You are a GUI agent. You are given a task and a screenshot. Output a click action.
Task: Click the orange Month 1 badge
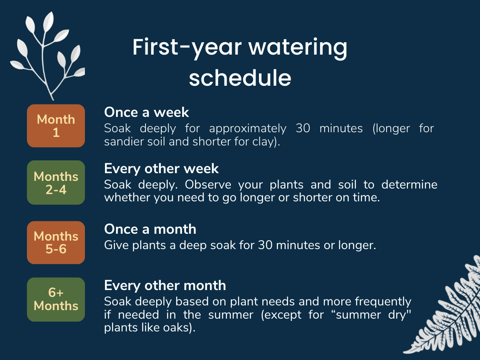click(56, 126)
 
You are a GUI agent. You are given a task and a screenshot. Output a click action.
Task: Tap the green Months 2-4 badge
click(56, 183)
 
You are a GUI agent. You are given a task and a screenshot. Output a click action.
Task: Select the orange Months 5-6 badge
click(56, 242)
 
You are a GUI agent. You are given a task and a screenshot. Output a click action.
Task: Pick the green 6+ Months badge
click(56, 299)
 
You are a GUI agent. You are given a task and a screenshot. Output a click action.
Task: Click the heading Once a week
click(146, 112)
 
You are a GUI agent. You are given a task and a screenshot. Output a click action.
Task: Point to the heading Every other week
click(161, 168)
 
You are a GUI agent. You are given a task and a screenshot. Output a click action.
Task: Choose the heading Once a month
click(150, 229)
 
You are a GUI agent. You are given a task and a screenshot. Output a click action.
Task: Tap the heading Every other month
click(165, 286)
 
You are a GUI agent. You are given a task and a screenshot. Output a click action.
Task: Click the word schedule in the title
click(240, 78)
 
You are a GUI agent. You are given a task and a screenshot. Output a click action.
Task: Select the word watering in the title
click(297, 48)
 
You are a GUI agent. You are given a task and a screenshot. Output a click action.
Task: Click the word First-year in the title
click(187, 48)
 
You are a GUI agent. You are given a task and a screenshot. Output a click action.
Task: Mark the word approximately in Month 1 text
click(247, 128)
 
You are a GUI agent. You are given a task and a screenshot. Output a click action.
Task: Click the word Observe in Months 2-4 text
click(208, 185)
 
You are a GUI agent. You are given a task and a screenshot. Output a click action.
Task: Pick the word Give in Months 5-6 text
click(116, 245)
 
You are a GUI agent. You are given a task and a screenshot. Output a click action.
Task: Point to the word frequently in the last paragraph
click(383, 302)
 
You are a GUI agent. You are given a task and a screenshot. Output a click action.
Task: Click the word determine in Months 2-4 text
click(409, 185)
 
